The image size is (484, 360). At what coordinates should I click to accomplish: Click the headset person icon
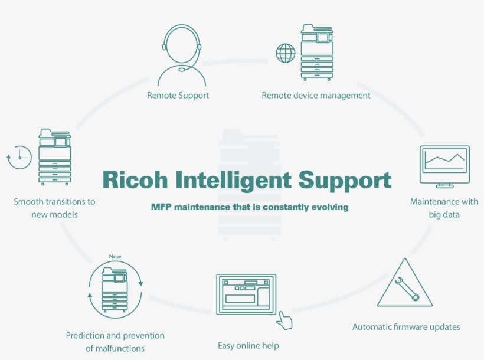coord(182,55)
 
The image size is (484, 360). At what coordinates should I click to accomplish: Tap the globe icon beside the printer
coord(286,53)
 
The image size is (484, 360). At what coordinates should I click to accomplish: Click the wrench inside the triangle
coord(407,289)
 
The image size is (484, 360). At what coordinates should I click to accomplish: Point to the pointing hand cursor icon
coord(284,321)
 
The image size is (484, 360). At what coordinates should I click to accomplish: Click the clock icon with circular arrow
coord(19,158)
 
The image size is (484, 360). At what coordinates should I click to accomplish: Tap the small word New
coord(115,256)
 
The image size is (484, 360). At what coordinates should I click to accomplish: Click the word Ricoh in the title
coord(135,179)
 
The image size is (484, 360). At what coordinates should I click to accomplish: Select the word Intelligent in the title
coord(233,181)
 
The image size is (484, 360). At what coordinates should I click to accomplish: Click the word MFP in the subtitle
coord(161,207)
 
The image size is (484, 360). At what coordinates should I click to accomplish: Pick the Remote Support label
coord(178,96)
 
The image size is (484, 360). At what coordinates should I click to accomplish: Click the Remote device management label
coord(316,96)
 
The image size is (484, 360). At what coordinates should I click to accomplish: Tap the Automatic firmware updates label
coord(406,327)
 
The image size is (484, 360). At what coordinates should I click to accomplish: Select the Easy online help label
coord(248,345)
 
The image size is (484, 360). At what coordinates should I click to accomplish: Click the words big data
coord(444,215)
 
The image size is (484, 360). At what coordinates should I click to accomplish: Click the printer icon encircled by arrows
coord(115,290)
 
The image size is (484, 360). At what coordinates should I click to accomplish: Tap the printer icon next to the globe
coord(317,52)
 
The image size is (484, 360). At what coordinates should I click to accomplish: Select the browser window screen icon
coord(246,294)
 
